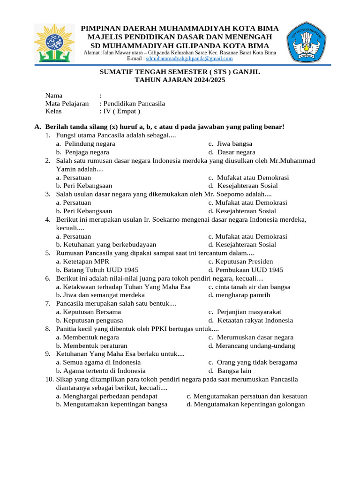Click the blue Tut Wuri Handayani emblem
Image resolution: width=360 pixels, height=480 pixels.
pyautogui.click(x=307, y=42)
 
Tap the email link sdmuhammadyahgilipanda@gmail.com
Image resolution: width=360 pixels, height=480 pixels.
pyautogui.click(x=189, y=59)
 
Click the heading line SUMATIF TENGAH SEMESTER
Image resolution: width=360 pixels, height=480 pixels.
pyautogui.click(x=180, y=72)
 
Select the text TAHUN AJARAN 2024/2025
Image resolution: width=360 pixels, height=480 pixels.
pyautogui.click(x=180, y=80)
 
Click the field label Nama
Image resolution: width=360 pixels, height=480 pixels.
pyautogui.click(x=53, y=96)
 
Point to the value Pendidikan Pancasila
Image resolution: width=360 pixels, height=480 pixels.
pyautogui.click(x=134, y=104)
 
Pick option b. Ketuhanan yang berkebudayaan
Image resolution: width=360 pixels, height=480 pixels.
pyautogui.click(x=106, y=245)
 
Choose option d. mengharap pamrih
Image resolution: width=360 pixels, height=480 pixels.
pyautogui.click(x=239, y=295)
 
